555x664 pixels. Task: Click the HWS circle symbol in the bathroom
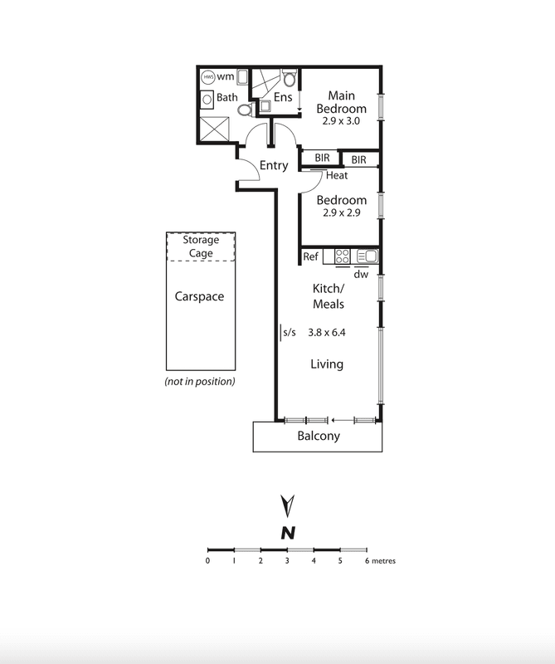208,77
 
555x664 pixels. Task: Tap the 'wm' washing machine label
225,76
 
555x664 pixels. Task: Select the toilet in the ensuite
290,79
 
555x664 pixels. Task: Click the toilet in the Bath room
245,110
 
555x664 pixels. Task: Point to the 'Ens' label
283,97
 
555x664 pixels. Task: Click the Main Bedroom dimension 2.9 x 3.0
341,121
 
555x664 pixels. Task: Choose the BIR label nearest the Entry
322,158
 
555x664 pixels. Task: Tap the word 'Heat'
337,175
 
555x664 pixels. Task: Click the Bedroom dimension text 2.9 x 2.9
341,212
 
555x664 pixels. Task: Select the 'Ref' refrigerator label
311,256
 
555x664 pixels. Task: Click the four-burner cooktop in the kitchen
342,256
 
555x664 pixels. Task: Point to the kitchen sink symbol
367,256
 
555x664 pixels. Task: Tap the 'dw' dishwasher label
361,275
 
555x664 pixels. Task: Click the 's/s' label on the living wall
290,333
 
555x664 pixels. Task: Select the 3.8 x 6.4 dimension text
326,333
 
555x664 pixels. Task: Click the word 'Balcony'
319,436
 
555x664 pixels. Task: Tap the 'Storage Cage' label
201,246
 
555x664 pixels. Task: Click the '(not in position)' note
200,382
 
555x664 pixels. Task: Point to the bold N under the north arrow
288,533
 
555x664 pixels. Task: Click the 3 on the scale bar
287,561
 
